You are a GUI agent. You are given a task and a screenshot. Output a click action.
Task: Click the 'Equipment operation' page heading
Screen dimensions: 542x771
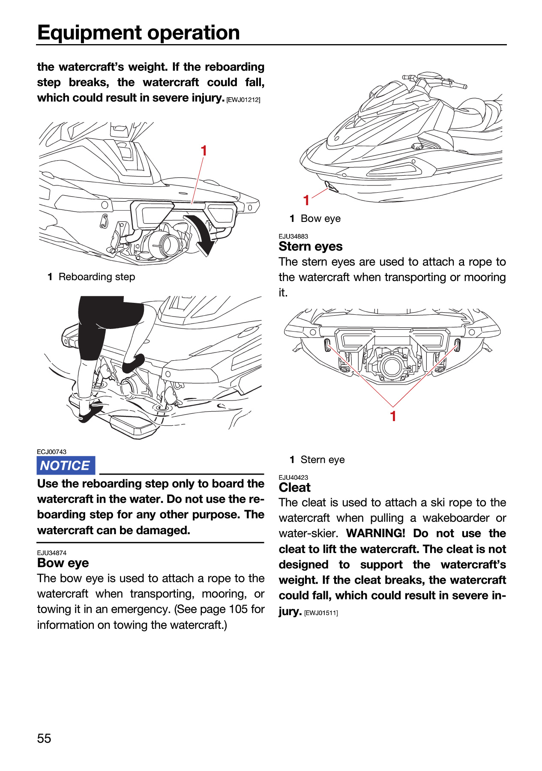tap(138, 33)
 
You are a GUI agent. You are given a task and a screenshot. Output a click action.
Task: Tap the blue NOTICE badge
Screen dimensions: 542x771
tap(66, 466)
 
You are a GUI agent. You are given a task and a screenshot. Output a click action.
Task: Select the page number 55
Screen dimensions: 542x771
tap(44, 738)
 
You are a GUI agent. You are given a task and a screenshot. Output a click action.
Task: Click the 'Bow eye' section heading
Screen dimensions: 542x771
tap(63, 563)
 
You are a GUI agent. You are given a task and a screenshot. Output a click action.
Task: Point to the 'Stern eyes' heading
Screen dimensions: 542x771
tap(311, 246)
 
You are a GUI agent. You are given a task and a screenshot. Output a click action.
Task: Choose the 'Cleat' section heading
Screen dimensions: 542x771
tap(295, 487)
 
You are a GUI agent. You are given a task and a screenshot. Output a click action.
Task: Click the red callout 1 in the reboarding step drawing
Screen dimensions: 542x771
tap(204, 151)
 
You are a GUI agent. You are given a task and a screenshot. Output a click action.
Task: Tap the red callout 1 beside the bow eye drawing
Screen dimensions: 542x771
tap(306, 200)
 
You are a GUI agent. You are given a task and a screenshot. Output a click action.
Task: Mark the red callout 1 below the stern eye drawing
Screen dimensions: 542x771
tap(393, 416)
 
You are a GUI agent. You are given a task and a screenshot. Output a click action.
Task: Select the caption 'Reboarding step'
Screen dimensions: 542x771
tap(97, 277)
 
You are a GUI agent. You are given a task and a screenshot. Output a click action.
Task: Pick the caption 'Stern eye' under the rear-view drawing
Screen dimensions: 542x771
tap(323, 460)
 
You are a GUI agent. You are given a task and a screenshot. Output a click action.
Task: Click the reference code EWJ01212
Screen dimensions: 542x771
tap(243, 100)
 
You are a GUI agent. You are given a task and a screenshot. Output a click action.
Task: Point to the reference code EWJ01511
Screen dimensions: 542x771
tap(321, 613)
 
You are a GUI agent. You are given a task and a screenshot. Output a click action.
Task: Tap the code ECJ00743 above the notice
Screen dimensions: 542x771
tap(52, 451)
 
